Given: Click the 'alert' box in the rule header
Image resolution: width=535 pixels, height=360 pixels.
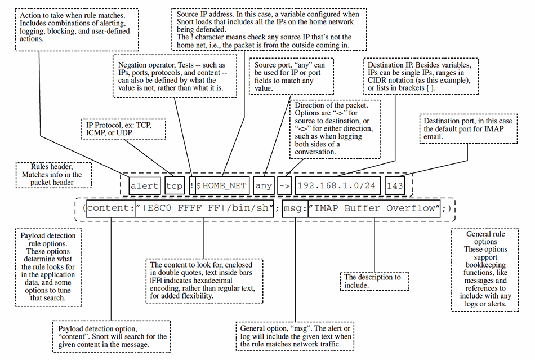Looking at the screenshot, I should tap(145, 185).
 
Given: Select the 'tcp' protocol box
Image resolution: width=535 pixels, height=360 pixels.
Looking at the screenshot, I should tap(175, 185).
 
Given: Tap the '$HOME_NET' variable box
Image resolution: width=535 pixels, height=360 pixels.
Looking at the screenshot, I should tap(222, 185).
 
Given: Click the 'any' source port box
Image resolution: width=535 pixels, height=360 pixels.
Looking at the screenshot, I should tap(264, 185).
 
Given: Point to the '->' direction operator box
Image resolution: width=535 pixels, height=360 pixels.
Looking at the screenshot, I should tap(286, 185).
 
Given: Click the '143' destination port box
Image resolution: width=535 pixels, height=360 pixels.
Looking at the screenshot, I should tap(396, 185).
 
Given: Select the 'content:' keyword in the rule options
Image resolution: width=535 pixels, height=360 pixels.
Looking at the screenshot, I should tap(110, 208).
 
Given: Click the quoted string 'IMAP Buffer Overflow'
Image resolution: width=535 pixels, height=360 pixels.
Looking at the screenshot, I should tap(374, 208).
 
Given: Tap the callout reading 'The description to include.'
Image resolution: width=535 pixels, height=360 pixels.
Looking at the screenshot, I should tap(373, 281).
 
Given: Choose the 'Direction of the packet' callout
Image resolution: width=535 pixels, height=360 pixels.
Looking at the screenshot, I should tap(335, 128).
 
